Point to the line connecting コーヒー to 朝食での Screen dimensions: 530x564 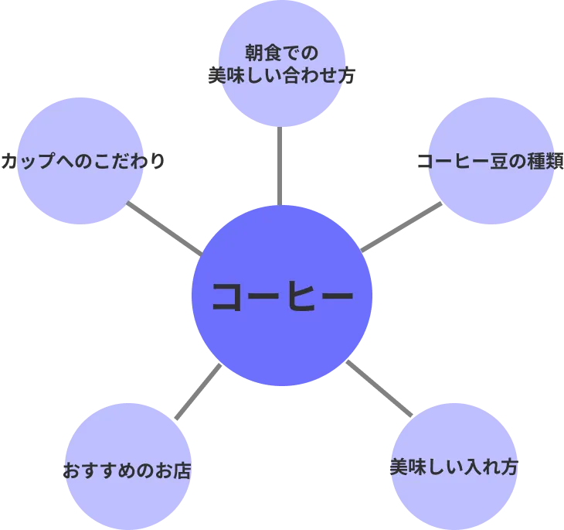[x=279, y=166]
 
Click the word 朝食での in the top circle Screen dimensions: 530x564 [x=281, y=53]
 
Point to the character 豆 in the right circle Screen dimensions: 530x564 [x=501, y=163]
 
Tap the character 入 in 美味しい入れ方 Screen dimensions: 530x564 [x=470, y=467]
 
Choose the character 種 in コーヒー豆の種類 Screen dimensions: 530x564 [x=535, y=163]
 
